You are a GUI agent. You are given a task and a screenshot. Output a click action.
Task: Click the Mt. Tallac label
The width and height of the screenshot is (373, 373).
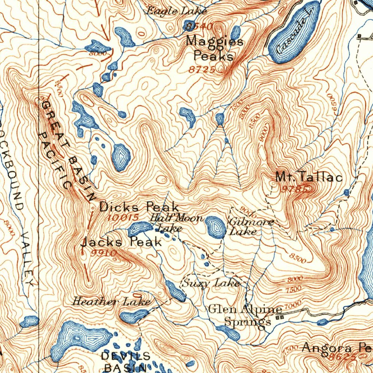[x=309, y=178]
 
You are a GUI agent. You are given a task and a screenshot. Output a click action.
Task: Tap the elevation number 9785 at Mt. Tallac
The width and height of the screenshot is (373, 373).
[x=296, y=189]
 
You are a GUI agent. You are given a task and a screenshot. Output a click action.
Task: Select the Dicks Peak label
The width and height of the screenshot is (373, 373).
[x=139, y=207]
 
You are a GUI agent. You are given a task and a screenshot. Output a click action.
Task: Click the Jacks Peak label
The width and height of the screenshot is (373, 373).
[x=121, y=242]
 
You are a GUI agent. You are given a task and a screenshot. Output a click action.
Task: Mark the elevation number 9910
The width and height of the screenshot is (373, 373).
[x=105, y=253]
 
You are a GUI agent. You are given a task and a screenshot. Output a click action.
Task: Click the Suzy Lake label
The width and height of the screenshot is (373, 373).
[x=211, y=283]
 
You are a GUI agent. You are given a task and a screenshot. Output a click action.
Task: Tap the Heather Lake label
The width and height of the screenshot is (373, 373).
[x=111, y=302]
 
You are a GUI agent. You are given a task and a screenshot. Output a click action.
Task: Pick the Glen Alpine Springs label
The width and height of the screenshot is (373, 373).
[x=246, y=315]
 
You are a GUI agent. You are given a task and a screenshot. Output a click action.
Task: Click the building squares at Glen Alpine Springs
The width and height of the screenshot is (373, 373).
[x=280, y=318]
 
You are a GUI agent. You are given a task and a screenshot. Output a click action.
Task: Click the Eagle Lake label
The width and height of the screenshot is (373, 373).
[x=176, y=11]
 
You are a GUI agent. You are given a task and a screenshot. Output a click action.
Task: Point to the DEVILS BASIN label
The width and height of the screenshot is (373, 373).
[x=125, y=361]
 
